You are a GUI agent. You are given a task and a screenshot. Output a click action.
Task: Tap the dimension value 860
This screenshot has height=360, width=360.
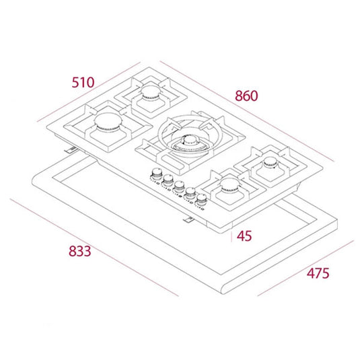pos(246,96)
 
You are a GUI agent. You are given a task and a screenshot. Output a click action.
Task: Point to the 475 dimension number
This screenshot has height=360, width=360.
pos(318,274)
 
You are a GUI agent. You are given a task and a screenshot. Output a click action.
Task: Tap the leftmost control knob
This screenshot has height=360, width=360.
pos(156,174)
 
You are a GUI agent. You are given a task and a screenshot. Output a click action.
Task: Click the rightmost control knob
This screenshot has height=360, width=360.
pos(201,196)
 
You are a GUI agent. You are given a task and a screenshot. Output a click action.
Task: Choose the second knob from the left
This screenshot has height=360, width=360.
pos(168,180)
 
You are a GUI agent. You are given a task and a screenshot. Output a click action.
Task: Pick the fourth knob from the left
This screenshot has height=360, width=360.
pos(190,191)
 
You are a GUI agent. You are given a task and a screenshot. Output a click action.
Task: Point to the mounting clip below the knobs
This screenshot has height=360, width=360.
pos(192,219)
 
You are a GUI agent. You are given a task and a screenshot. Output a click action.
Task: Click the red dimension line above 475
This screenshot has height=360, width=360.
pos(306,265)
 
